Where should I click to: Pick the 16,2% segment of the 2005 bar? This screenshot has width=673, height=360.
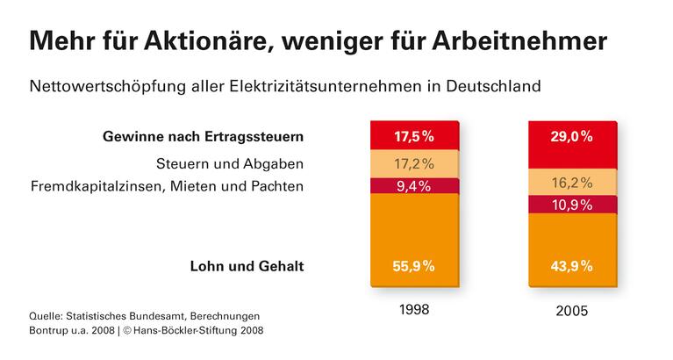[x=571, y=183]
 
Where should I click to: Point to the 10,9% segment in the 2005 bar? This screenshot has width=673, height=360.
[x=571, y=204]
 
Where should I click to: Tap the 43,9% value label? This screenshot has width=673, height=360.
[x=571, y=267]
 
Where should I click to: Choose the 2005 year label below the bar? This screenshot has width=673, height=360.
[x=571, y=311]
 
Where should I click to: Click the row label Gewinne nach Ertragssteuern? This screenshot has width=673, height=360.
[x=203, y=137]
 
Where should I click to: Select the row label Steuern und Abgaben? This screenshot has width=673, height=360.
[x=230, y=163]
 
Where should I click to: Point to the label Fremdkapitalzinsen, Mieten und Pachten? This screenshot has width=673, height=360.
[x=167, y=186]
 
